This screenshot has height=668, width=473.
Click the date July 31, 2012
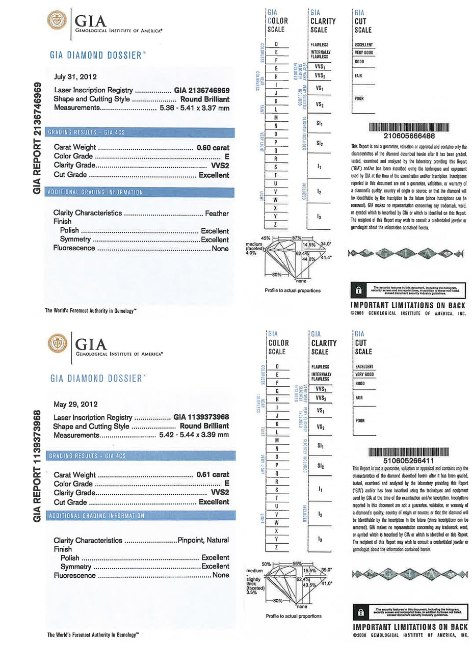pyautogui.click(x=75, y=77)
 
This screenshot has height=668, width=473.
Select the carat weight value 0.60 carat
pyautogui.click(x=213, y=148)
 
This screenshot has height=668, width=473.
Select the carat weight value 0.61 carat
pyautogui.click(x=213, y=474)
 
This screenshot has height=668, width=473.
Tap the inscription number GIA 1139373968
pyautogui.click(x=201, y=416)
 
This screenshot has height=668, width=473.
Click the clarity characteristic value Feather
pyautogui.click(x=217, y=213)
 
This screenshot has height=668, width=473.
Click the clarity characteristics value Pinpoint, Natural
pyautogui.click(x=203, y=540)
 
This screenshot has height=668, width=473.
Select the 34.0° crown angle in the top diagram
pyautogui.click(x=325, y=244)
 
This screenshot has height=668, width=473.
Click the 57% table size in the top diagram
pyautogui.click(x=297, y=238)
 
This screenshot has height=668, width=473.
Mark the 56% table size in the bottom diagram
pyautogui.click(x=298, y=564)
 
